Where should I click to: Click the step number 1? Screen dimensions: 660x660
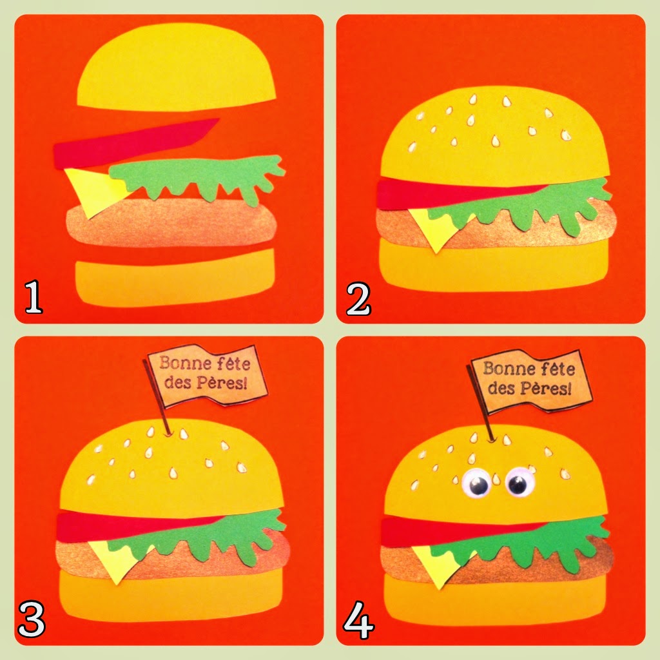coord(34,298)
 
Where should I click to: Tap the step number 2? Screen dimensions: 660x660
coord(358,299)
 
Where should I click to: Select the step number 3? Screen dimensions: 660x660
coord(32,619)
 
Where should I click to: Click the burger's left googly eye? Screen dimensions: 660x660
coord(477,483)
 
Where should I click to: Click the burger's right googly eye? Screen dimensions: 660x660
coord(519,481)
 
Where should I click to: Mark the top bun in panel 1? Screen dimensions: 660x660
coord(177,67)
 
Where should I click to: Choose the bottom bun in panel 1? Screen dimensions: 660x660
coord(175,278)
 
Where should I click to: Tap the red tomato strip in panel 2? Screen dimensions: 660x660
coord(459,193)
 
